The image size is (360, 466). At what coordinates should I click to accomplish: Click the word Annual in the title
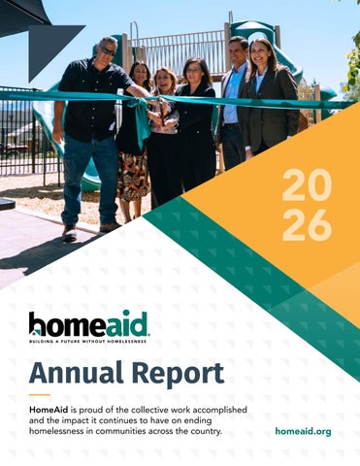coord(77,373)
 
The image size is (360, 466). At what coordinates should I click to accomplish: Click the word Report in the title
coord(178,375)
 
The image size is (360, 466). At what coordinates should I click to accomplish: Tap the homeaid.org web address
coord(303,431)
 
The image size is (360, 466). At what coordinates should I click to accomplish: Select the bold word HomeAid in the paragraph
coord(49,410)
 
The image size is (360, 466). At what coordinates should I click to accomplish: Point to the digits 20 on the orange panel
coord(307,185)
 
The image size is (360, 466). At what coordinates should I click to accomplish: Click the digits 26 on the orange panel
coord(307,225)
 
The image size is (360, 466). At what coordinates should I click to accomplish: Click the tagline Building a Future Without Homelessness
coord(87,342)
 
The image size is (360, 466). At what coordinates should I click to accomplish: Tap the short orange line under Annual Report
coord(40,395)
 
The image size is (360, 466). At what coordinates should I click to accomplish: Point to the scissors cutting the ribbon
coord(161,109)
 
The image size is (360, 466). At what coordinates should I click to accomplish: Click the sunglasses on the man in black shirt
coord(108,51)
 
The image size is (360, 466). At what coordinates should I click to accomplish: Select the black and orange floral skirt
coord(133,176)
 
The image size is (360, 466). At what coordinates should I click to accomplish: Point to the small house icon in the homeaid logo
coord(35,331)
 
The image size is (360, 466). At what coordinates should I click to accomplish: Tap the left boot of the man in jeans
coord(69,233)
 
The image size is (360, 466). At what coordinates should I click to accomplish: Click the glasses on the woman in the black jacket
coord(193,70)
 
